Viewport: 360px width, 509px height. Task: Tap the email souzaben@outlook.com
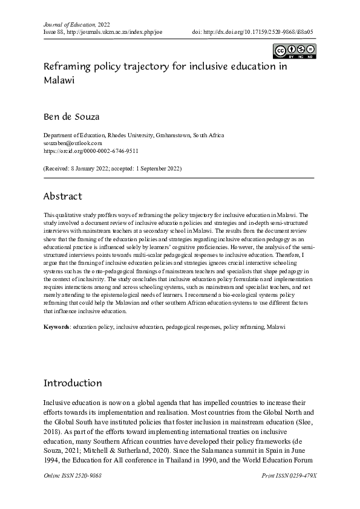coord(72,143)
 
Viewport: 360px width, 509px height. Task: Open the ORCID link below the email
coord(91,151)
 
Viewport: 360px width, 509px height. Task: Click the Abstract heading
coord(62,196)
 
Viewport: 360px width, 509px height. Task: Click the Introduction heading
coord(73,383)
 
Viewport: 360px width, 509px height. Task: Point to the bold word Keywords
coord(57,326)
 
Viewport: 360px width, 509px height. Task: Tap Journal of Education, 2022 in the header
coord(71,22)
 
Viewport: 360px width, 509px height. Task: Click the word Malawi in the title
coord(59,80)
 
